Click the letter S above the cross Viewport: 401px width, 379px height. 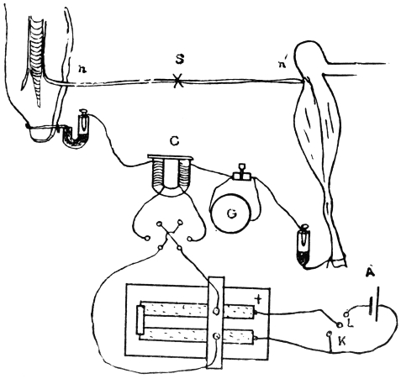(179, 60)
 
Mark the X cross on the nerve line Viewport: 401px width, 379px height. (177, 81)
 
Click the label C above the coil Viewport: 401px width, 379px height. (174, 142)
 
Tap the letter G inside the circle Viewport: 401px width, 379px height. (231, 214)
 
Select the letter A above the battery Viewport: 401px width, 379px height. (371, 272)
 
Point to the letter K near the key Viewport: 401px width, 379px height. (342, 341)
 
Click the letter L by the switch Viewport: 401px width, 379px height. (350, 324)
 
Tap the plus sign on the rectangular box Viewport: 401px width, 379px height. (259, 300)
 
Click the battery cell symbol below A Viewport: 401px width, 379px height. (375, 304)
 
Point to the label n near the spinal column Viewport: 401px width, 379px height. (82, 69)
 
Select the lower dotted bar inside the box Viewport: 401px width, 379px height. (199, 335)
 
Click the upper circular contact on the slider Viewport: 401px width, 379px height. (216, 311)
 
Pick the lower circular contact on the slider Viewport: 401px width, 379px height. (216, 336)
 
